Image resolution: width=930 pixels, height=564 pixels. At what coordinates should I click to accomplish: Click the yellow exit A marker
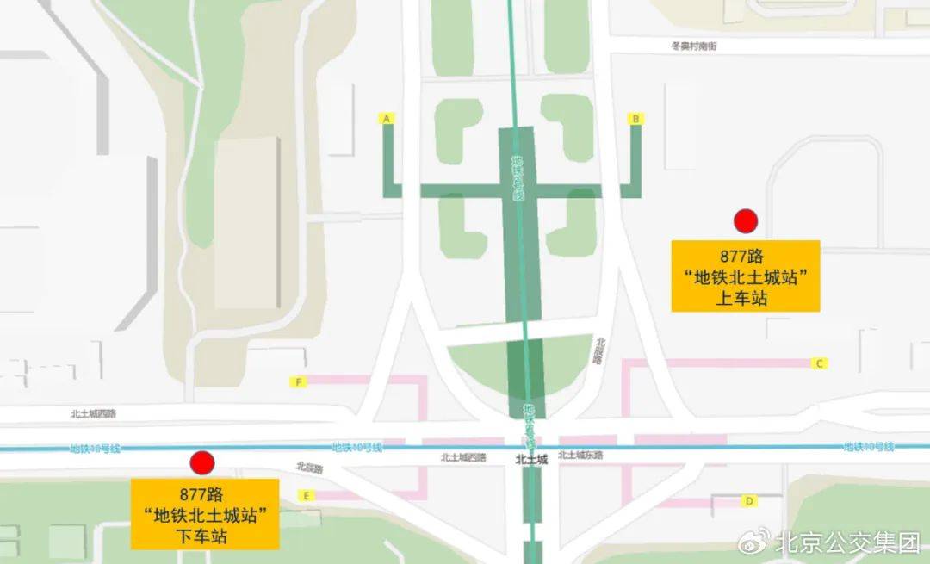coord(387,118)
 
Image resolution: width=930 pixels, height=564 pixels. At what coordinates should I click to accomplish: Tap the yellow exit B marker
coord(636,118)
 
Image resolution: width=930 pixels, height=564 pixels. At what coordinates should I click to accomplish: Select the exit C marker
coord(821,363)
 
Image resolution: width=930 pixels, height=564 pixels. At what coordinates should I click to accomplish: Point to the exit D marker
coord(750,500)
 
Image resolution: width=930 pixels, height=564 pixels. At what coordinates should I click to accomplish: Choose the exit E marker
coord(305,495)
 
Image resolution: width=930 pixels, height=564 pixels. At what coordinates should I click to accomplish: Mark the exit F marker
coord(298,381)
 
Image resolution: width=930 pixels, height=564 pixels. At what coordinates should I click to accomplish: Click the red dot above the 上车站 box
coord(745,221)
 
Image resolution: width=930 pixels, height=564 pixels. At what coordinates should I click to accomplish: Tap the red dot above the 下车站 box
coord(202,463)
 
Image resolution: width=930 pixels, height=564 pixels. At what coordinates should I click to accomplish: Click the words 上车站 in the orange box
coord(745,298)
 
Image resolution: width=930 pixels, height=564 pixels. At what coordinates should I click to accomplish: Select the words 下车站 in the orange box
coord(205,536)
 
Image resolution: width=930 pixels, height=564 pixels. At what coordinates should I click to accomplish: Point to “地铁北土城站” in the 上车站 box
coord(745,276)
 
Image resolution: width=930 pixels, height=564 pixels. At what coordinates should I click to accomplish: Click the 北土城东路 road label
coord(580,456)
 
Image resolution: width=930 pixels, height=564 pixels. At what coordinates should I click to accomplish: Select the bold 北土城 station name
coord(531,460)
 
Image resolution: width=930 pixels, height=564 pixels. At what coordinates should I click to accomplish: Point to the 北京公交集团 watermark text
coord(847,542)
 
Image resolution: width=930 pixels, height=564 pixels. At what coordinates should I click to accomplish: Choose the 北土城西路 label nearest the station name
coord(463,457)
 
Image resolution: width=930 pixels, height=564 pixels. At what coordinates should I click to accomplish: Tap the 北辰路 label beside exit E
coord(308,468)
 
